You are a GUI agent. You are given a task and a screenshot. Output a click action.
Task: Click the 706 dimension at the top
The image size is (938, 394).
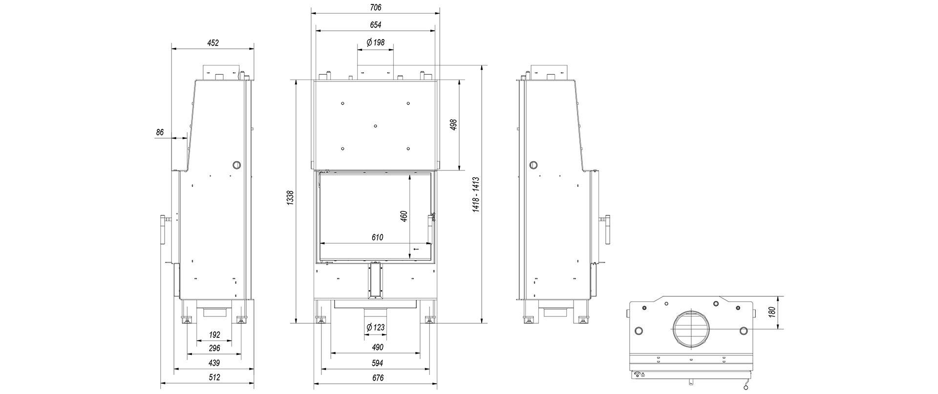(376, 7)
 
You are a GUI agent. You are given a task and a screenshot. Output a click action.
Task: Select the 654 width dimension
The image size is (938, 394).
(376, 25)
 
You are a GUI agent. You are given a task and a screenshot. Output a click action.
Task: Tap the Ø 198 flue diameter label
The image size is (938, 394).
(375, 42)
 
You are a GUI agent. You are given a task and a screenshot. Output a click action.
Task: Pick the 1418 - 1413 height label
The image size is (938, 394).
(476, 194)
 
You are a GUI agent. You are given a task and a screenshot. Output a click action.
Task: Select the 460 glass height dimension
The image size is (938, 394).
(404, 216)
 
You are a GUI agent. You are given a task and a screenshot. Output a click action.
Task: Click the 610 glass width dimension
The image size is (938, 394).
(377, 238)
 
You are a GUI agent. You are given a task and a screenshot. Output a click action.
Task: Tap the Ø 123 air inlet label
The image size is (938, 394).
(375, 327)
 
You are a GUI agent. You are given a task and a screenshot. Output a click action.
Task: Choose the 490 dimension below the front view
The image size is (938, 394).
(378, 348)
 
